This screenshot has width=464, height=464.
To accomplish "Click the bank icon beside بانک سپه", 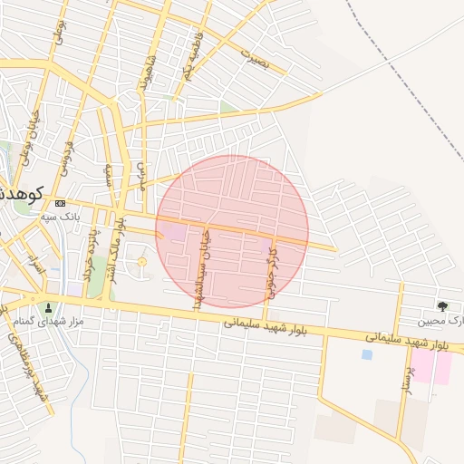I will point(60,203).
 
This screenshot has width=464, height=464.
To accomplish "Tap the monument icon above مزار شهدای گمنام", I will point(48,307).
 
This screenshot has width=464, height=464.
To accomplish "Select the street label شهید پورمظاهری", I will point(29,362).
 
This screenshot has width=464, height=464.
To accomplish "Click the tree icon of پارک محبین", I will point(442,306).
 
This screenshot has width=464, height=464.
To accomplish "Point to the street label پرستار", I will point(407,372).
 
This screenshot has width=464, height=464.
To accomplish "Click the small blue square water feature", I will point(367,354).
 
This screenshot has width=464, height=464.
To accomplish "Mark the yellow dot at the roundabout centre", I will point(141,263).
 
